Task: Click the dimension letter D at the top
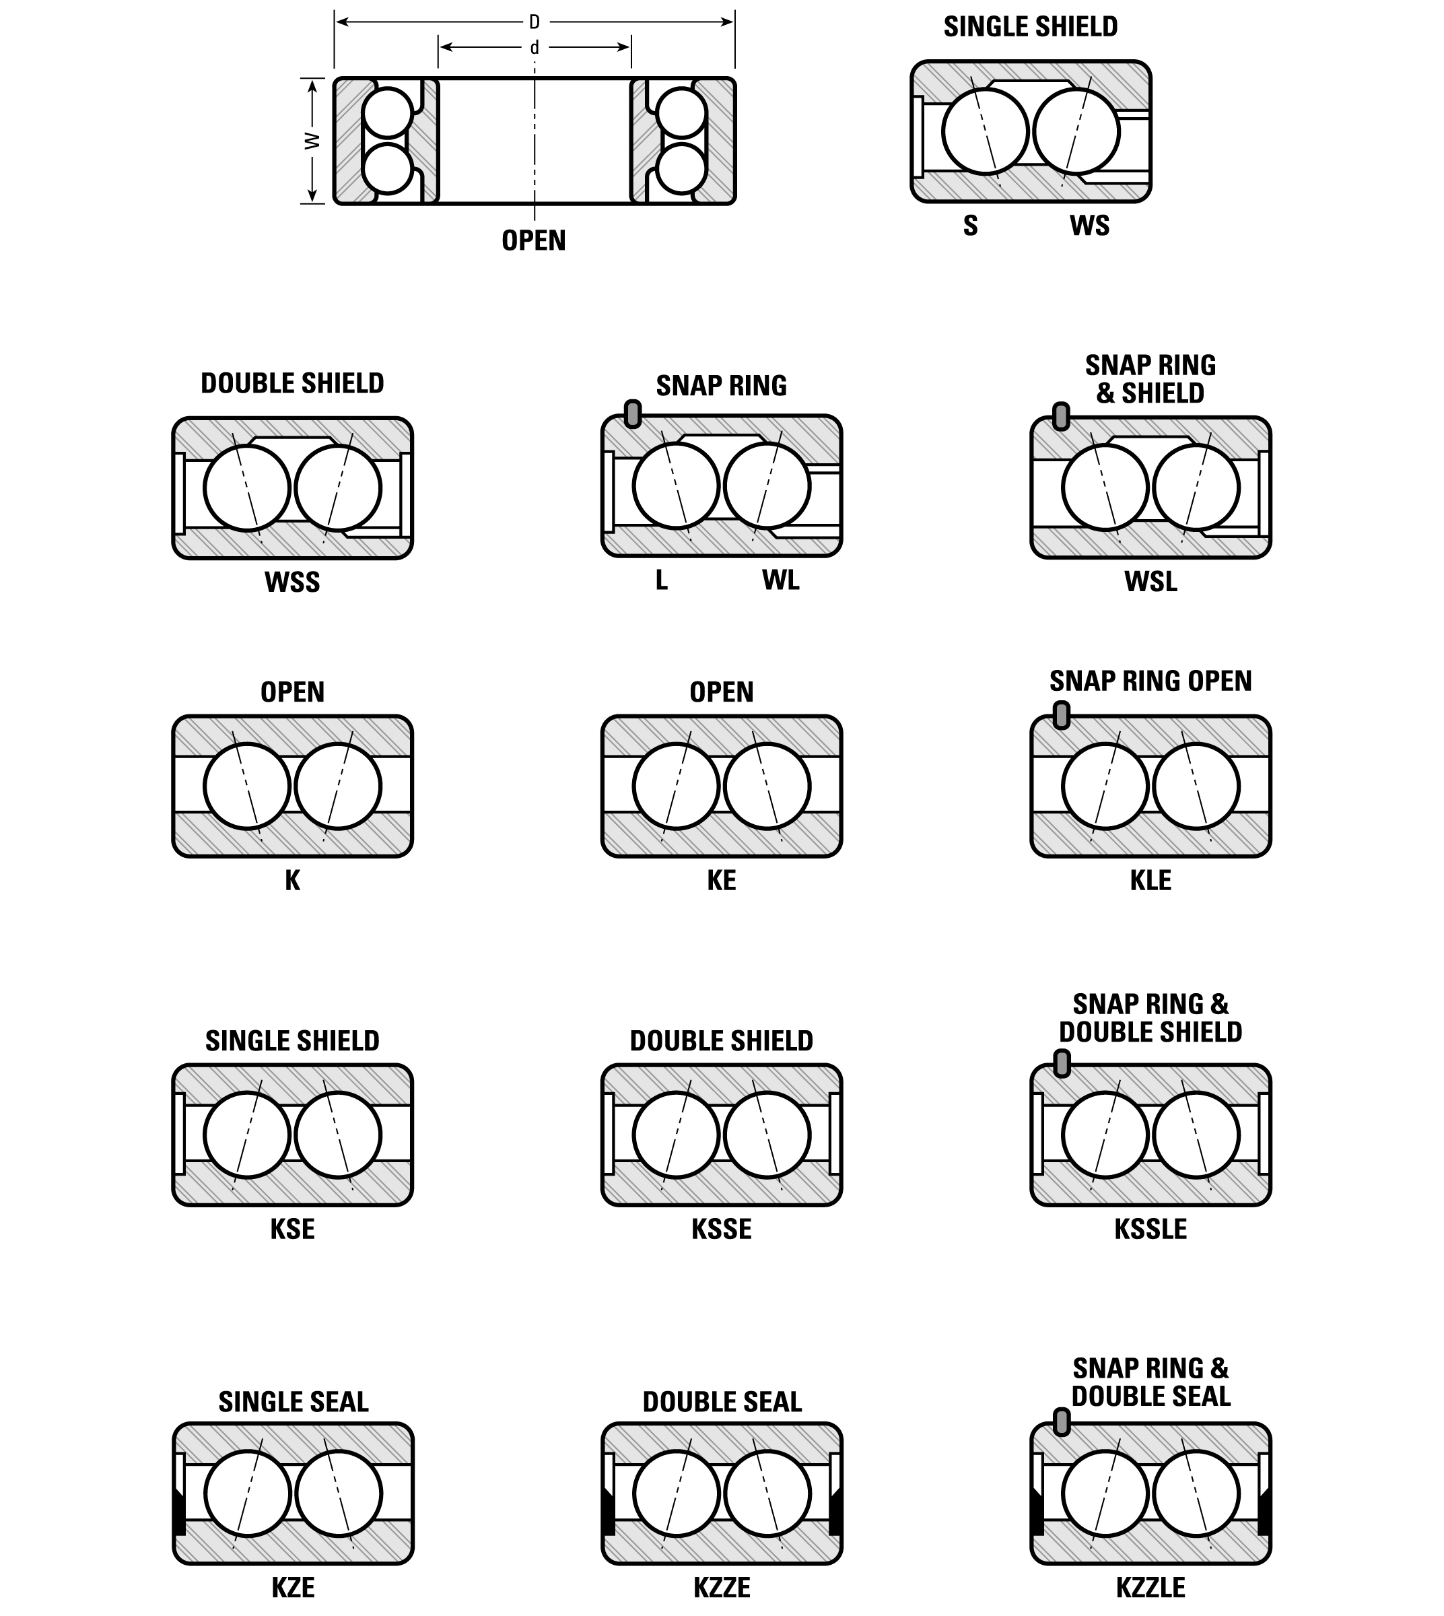[534, 22]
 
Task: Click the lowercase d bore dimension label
[534, 48]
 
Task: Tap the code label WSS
[292, 582]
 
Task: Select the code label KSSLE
[1150, 1229]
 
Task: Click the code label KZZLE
[1150, 1588]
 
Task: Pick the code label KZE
[293, 1588]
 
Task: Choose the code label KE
[721, 880]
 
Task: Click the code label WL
[781, 580]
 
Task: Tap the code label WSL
[1150, 582]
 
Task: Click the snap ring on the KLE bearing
[1061, 714]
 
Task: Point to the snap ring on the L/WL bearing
[632, 413]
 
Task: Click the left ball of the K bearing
[247, 786]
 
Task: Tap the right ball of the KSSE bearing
[767, 1135]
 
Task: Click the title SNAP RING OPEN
[1150, 681]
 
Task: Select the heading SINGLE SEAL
[294, 1402]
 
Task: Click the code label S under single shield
[970, 226]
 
